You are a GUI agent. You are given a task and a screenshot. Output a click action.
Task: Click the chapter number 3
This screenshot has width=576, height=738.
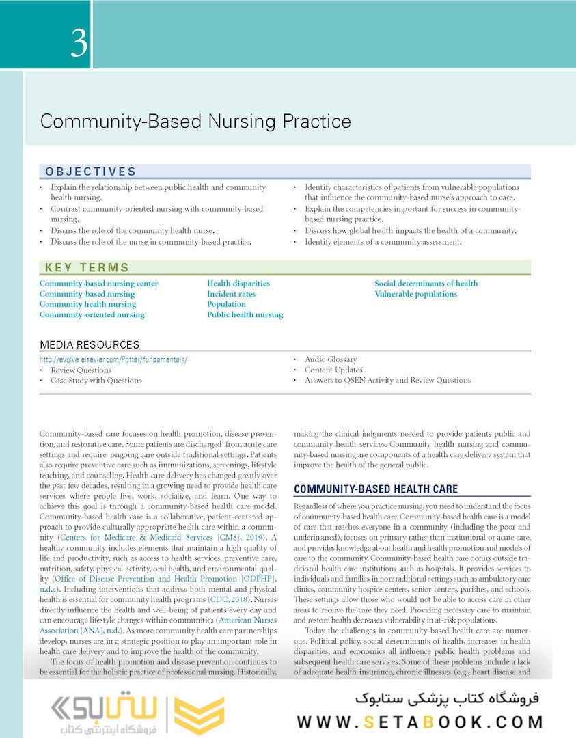point(79,42)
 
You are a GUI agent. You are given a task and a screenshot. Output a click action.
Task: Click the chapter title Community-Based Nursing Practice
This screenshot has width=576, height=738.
point(195,122)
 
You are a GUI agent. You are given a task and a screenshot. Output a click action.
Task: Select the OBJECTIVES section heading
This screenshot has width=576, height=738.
point(91,172)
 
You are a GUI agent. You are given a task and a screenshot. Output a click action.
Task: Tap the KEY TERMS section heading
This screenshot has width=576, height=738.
point(87,268)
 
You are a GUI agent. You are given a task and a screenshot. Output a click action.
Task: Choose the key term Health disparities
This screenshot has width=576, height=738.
point(238,284)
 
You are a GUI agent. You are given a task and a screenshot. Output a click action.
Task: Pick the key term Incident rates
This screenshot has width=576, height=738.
point(232,294)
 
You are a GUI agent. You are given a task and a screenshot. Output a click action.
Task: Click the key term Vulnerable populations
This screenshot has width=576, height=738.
point(415,294)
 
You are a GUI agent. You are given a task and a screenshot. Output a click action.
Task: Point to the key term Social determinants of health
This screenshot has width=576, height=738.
point(426,284)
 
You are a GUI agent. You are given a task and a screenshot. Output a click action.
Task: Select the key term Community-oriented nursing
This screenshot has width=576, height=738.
point(92,315)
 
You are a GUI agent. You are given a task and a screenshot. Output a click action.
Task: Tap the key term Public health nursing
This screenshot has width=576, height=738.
point(245,315)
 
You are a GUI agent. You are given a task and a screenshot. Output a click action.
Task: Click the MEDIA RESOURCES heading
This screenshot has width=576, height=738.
point(90,345)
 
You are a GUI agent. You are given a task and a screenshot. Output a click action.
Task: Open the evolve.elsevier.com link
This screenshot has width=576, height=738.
point(113,359)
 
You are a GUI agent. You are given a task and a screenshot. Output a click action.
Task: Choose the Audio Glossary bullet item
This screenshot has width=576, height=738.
point(331,359)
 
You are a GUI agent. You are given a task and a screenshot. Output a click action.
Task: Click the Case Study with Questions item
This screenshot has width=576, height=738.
point(96,381)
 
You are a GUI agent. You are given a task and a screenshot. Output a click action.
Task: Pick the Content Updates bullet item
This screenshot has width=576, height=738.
point(333,370)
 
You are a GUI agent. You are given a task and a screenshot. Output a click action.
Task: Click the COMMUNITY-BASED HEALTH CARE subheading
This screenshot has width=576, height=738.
point(375,489)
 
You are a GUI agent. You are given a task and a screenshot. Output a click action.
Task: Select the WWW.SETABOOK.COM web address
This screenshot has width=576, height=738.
point(420,722)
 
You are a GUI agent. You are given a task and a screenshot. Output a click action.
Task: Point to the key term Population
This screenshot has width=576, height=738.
point(226,305)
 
